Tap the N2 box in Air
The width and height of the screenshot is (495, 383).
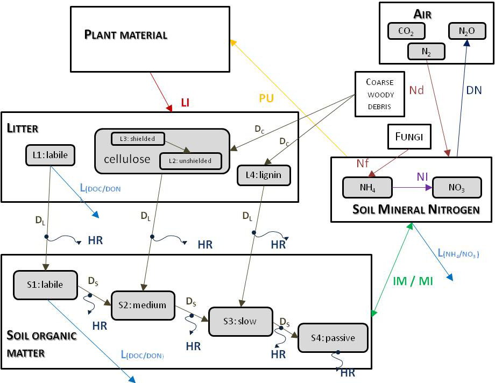[x=427, y=52]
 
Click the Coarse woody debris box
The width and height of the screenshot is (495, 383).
[x=380, y=94]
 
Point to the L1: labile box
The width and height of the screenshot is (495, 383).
[x=49, y=155]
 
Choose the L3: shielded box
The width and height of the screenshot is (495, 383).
[x=138, y=139]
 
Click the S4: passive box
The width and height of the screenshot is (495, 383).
[x=333, y=338]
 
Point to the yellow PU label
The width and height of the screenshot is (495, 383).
[x=266, y=98]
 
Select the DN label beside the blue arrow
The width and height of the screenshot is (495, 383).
[x=473, y=91]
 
